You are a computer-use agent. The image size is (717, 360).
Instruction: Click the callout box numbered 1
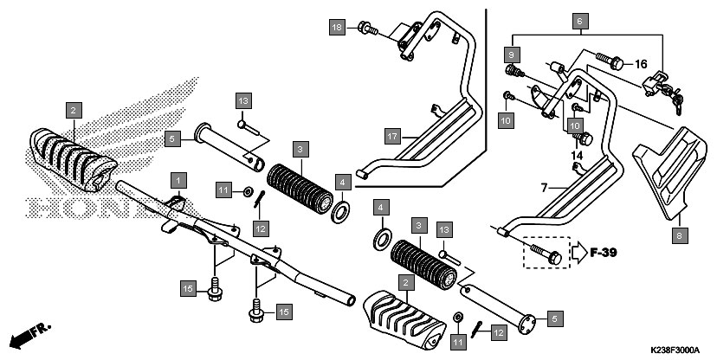(x=178, y=179)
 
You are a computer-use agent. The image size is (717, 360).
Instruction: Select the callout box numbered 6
(x=580, y=19)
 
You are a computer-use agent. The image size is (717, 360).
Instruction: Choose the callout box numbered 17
(x=392, y=136)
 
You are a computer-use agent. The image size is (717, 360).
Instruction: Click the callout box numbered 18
(x=337, y=29)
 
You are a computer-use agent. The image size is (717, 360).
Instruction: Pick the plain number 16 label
(x=641, y=64)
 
